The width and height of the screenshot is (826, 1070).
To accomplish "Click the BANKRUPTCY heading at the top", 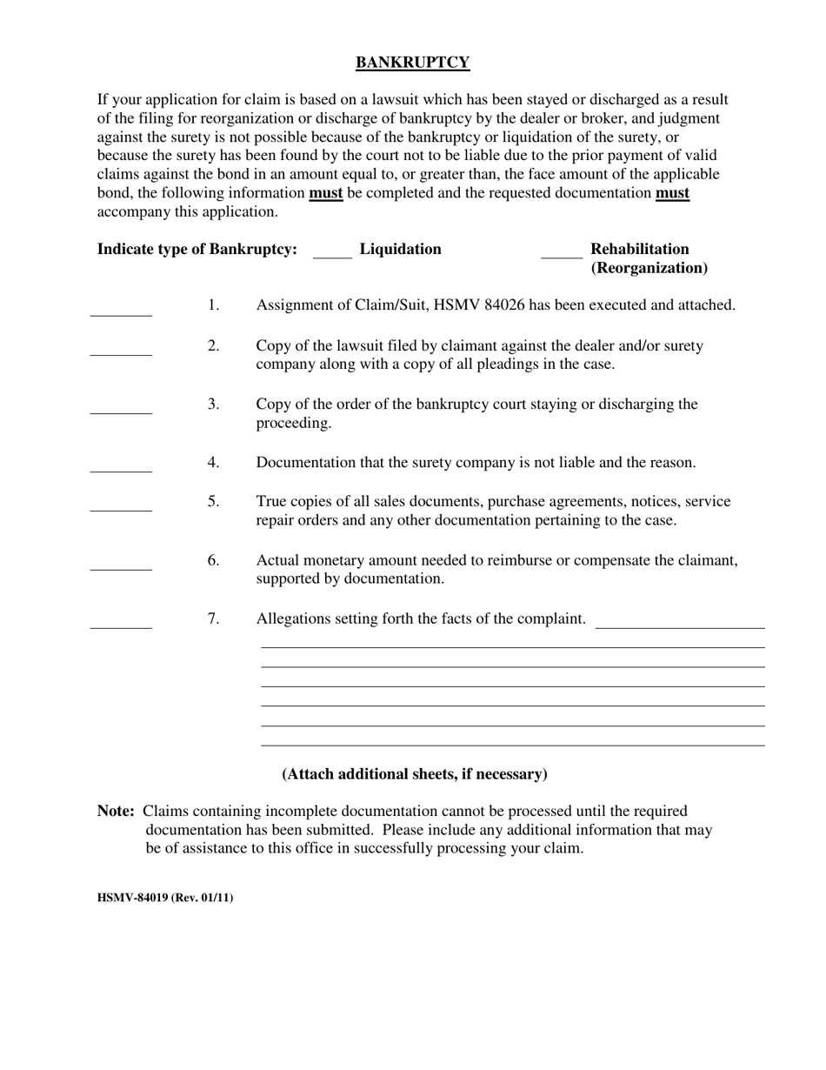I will [x=413, y=63].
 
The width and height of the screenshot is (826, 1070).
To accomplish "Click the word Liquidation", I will [x=400, y=250].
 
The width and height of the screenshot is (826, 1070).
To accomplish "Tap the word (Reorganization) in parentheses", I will [x=649, y=268].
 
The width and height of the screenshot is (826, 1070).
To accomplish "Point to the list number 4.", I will [x=213, y=463].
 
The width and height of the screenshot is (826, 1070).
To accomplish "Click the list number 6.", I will [x=213, y=560].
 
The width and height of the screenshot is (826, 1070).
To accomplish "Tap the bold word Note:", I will [x=116, y=811].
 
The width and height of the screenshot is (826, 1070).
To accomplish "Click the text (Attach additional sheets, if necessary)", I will [x=415, y=774].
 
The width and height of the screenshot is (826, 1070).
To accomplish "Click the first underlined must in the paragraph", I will [x=326, y=193].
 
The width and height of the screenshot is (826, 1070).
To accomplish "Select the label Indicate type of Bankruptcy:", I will [x=197, y=250].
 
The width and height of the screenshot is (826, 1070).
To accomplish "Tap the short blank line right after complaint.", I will [x=680, y=623].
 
